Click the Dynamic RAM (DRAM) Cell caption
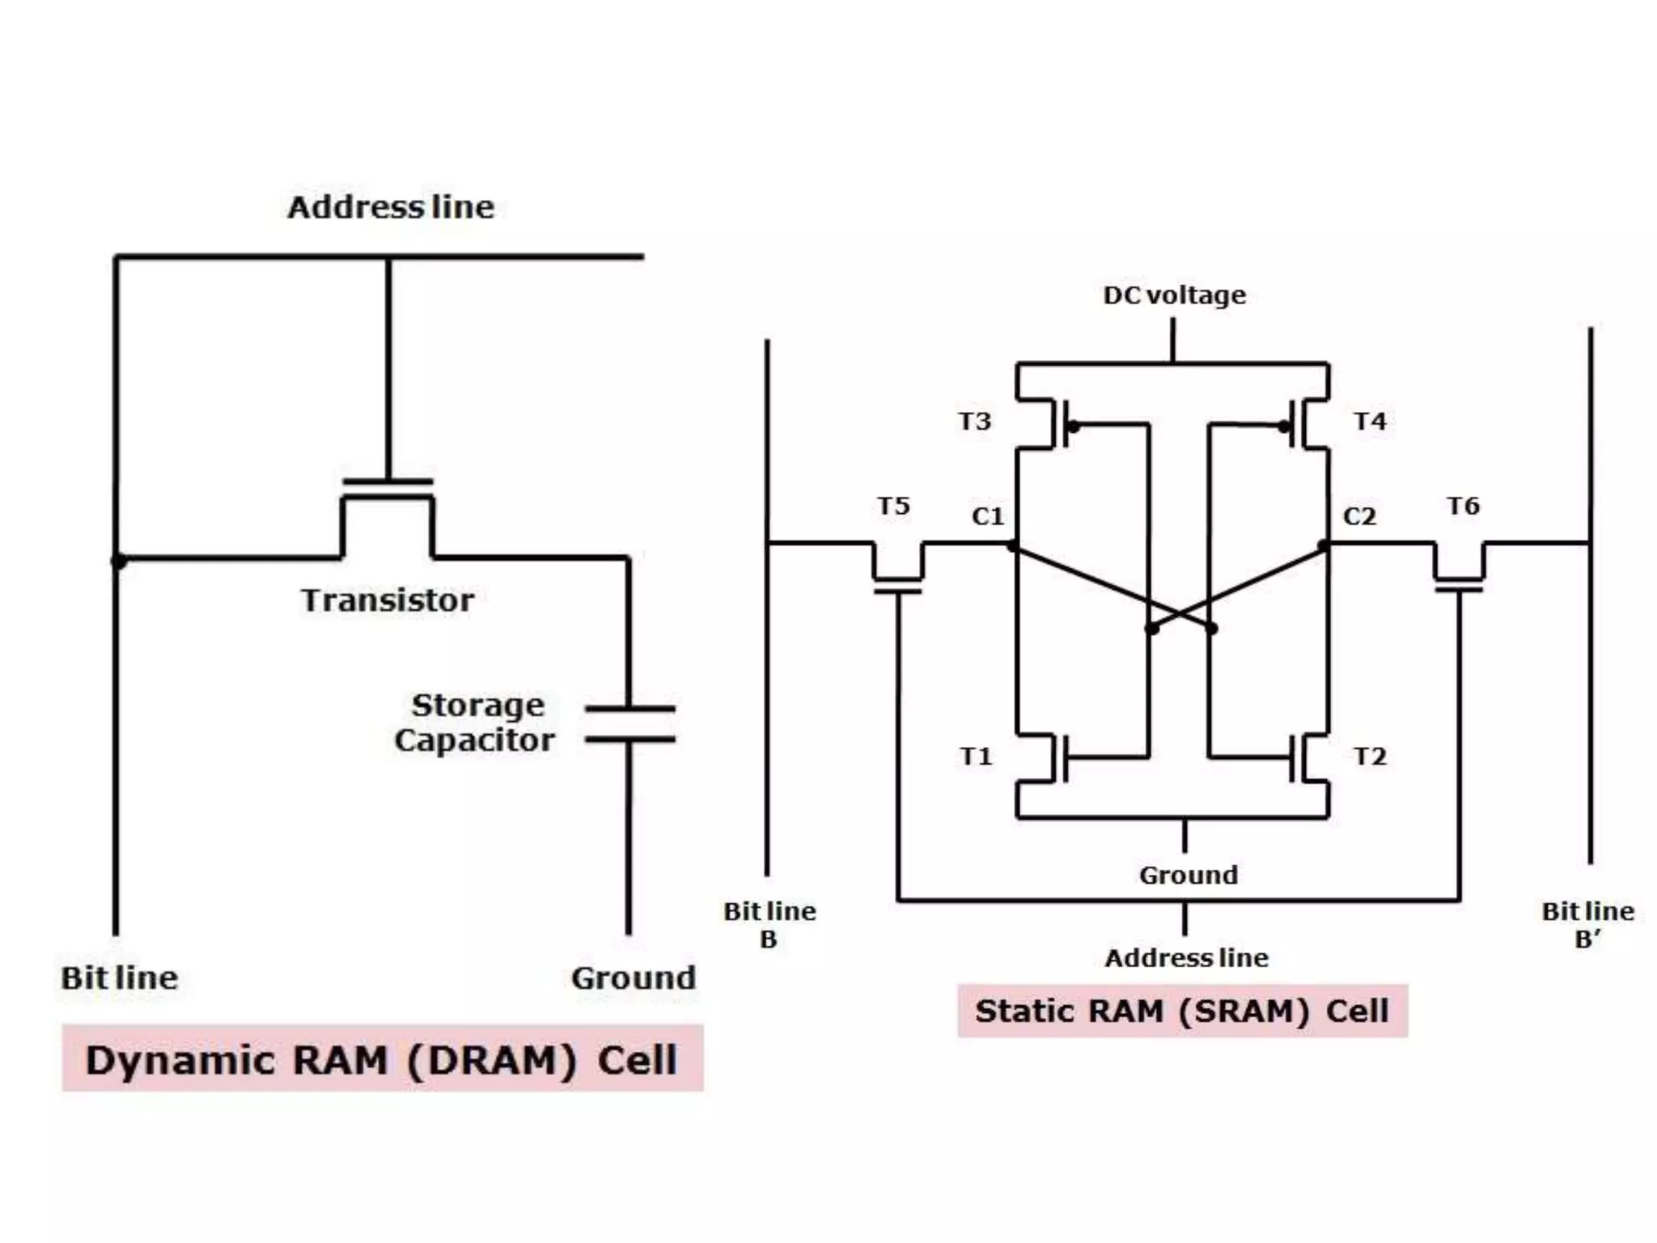point(382,1059)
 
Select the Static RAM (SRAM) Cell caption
point(1182,1011)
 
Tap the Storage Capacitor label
point(476,723)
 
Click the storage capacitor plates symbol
point(629,723)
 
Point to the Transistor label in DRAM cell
point(388,600)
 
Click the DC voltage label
point(1174,295)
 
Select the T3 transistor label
point(975,421)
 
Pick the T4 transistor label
point(1370,421)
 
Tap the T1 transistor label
point(976,757)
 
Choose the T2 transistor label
point(1370,757)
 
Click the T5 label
point(894,507)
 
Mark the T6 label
point(1463,507)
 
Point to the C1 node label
point(988,516)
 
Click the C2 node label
point(1359,516)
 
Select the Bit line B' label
point(1587,925)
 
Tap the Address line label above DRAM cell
point(391,207)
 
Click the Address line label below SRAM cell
point(1186,958)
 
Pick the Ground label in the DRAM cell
point(634,978)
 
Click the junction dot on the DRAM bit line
point(118,560)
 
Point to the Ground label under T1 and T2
point(1189,875)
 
